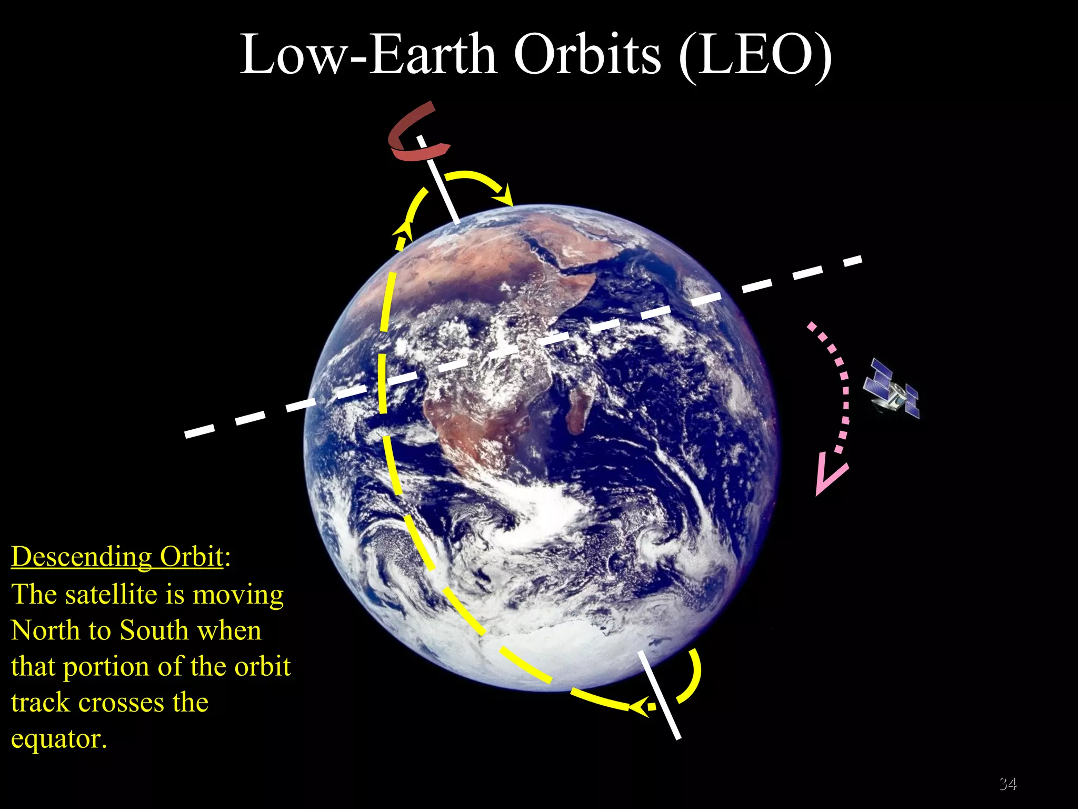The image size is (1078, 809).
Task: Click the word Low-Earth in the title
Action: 368,55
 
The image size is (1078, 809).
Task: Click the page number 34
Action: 1007,784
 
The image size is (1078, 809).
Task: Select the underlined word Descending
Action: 82,557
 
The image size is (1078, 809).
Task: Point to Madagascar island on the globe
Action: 579,408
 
